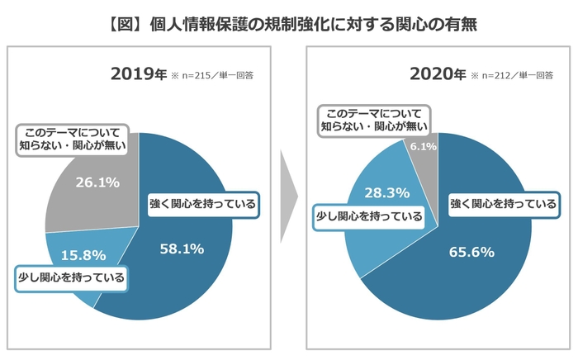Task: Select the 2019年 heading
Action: (138, 74)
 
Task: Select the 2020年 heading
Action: (437, 74)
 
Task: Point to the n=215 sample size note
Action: (212, 76)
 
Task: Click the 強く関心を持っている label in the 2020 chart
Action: (502, 204)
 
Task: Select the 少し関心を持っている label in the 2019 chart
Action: (72, 277)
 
